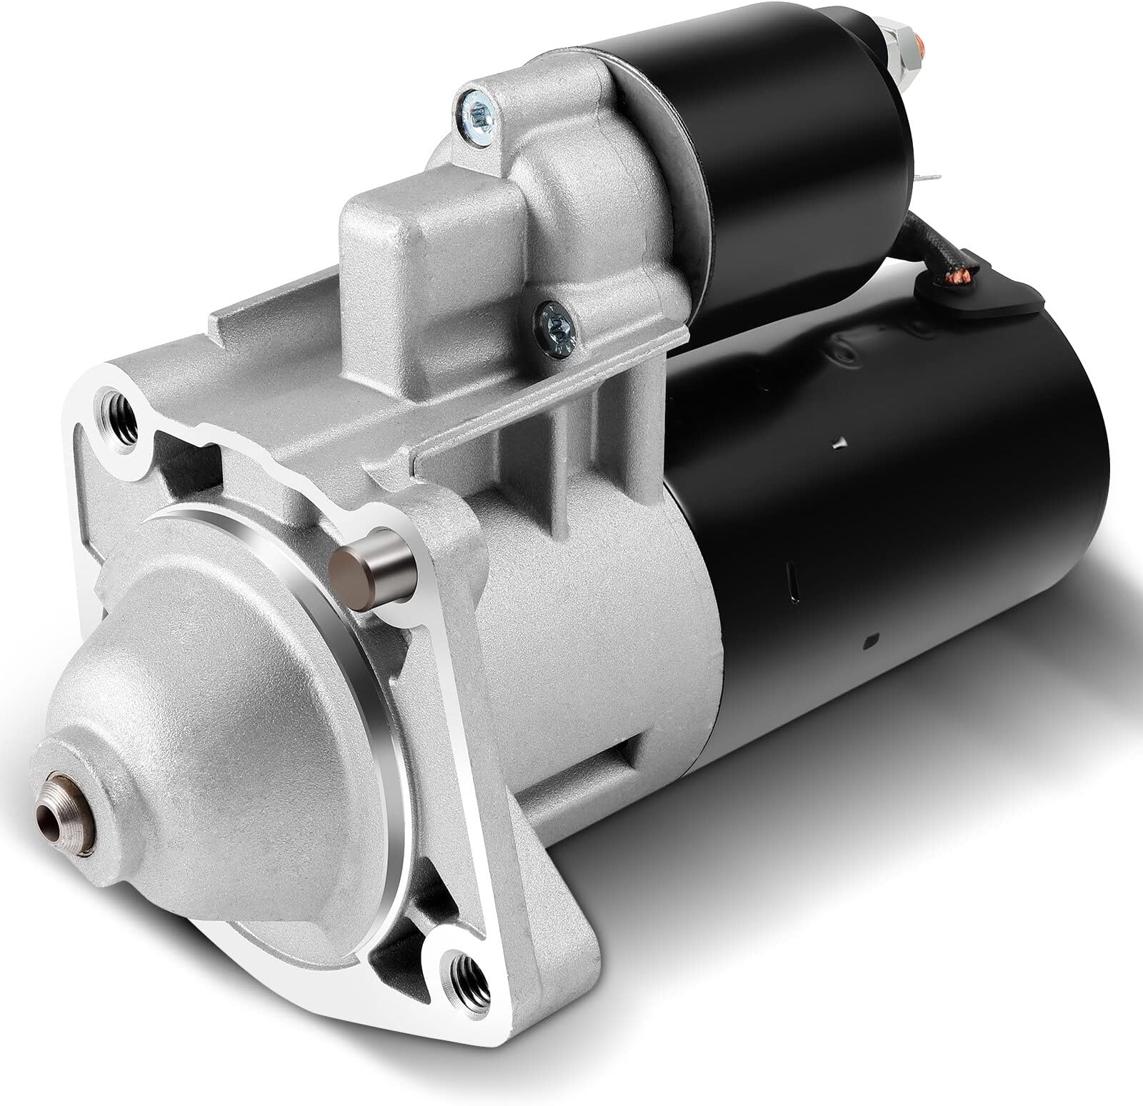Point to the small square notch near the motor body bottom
[870, 640]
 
